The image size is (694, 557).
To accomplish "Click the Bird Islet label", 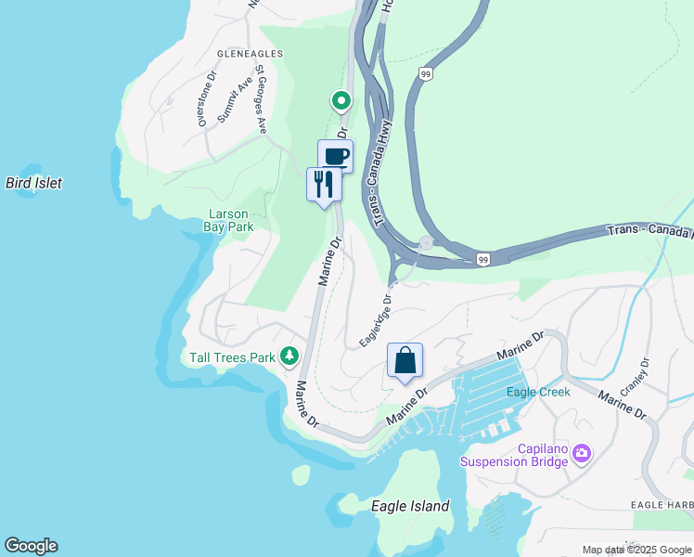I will click(x=33, y=183).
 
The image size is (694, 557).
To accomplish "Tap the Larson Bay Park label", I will click(x=229, y=220).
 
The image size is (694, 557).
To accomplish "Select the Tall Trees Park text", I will click(x=232, y=356).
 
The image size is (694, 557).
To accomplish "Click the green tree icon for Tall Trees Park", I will click(x=290, y=356).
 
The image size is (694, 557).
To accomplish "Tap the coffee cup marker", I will click(x=336, y=156).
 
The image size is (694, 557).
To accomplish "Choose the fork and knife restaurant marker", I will click(x=324, y=183).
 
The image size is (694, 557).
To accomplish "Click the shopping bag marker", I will click(x=405, y=360).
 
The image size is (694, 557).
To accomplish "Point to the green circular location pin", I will click(x=341, y=100).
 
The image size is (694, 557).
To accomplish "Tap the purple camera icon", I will click(x=582, y=454).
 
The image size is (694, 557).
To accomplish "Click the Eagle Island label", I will click(x=410, y=506).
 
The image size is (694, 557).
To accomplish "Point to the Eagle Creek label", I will click(x=538, y=392).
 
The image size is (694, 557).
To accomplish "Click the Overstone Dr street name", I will click(x=205, y=101).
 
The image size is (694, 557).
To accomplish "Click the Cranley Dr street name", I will click(x=634, y=377).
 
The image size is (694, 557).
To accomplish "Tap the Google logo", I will click(x=31, y=546).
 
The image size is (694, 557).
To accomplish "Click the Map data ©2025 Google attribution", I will click(x=637, y=550).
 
